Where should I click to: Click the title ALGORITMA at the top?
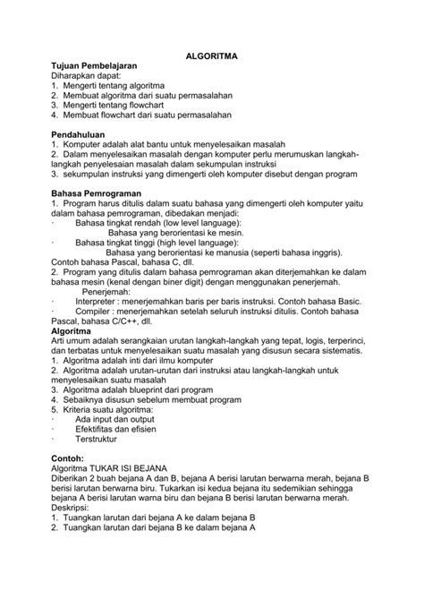tap(211, 56)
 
